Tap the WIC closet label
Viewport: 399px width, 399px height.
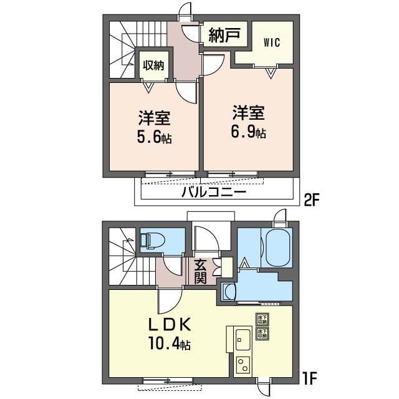click(x=271, y=43)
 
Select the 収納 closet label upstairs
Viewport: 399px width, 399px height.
click(x=153, y=64)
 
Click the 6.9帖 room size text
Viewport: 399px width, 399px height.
click(x=249, y=132)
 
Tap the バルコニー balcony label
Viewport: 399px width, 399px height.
click(x=214, y=192)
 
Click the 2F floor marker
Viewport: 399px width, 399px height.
click(x=311, y=201)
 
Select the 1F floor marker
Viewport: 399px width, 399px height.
click(x=310, y=377)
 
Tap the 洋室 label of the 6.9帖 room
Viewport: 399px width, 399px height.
click(x=249, y=113)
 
